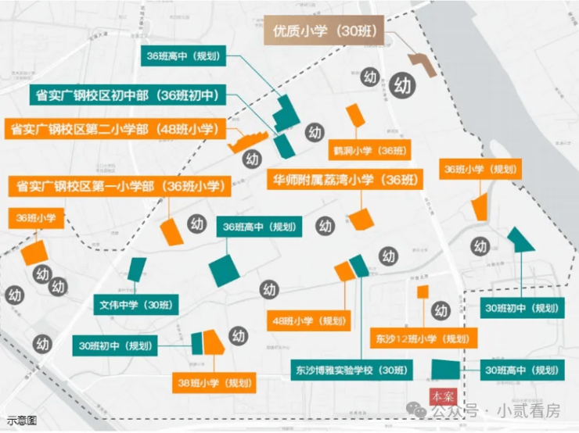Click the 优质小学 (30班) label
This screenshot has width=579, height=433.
(x=324, y=31)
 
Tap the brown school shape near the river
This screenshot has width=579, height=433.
(x=423, y=63)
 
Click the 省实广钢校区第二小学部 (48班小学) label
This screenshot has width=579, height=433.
(x=114, y=129)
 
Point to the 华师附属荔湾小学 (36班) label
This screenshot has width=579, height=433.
(x=341, y=179)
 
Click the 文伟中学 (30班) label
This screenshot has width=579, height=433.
(x=135, y=305)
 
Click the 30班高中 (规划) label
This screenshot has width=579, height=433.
(x=520, y=370)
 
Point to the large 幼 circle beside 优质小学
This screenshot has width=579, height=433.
(x=404, y=84)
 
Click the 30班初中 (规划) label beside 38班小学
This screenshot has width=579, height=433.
(x=116, y=345)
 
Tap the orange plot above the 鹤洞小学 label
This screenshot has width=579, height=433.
(x=356, y=114)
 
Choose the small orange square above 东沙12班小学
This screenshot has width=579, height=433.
(x=423, y=292)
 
